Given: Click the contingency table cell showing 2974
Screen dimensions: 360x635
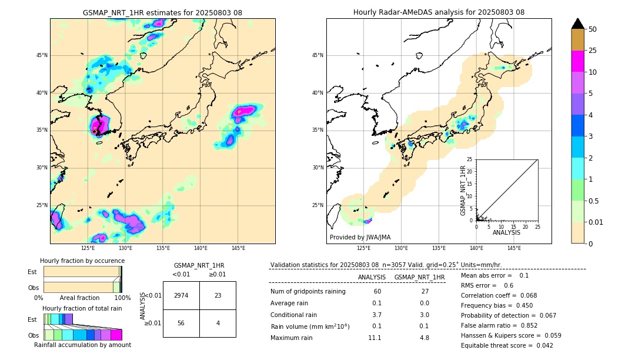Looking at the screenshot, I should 181,295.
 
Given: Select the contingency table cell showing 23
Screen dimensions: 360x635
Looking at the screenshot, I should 218,295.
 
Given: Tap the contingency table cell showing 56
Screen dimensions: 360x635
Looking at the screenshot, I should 181,324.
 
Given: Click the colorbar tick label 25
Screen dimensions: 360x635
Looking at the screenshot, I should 593,51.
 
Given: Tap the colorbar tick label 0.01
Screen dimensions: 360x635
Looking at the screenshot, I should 596,222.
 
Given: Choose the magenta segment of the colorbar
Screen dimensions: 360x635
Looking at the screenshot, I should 577,61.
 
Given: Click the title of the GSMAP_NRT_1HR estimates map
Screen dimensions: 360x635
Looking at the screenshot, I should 162,12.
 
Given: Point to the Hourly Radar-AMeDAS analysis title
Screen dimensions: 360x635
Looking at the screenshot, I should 439,12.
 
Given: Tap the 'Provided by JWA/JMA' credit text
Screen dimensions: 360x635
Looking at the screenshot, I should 360,237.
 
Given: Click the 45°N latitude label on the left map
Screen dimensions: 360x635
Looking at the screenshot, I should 42,55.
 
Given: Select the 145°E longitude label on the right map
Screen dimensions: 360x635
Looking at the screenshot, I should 514,248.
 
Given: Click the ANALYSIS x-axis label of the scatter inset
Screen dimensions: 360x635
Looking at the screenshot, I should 506,232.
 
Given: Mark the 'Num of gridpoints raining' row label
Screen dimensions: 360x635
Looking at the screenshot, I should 308,291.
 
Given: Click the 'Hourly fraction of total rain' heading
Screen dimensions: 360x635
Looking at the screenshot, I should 82,308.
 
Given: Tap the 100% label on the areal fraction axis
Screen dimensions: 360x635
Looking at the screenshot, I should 122,298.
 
